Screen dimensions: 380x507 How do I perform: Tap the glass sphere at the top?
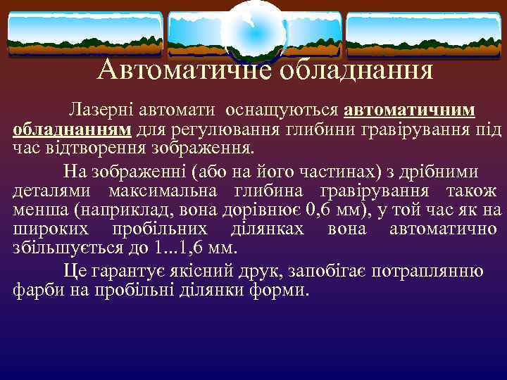tap(254, 30)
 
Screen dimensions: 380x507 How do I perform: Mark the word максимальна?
tap(161, 191)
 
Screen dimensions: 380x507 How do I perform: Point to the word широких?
tap(42, 229)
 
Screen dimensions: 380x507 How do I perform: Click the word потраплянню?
tap(428, 272)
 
